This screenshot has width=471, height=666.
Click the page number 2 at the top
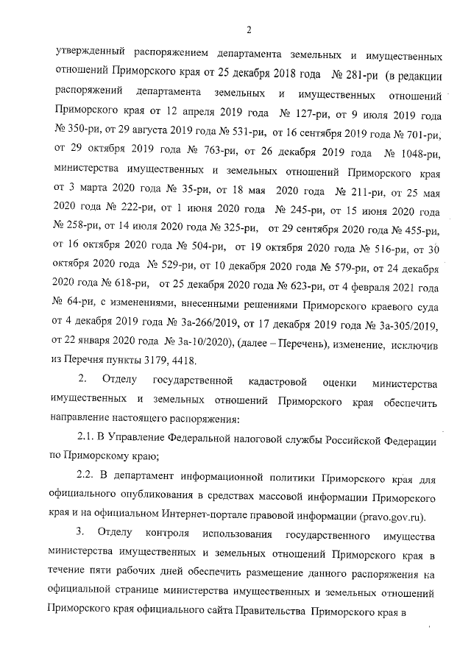249,29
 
